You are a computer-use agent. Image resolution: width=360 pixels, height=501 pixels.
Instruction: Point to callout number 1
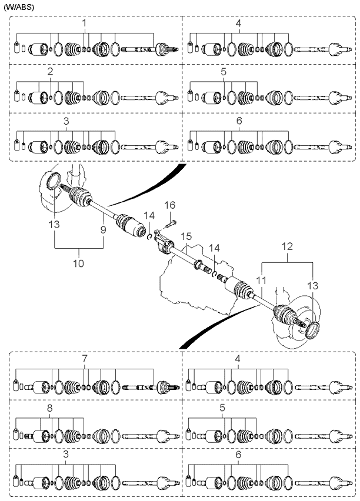[84, 23]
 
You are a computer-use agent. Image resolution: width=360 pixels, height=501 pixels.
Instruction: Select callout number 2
[51, 72]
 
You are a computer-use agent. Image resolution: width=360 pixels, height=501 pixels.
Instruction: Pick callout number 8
[49, 407]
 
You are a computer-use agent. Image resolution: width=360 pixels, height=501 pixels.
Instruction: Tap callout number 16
[170, 206]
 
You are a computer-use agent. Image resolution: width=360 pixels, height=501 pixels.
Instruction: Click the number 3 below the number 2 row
[66, 121]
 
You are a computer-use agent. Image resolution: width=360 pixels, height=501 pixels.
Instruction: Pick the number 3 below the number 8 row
[65, 455]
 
